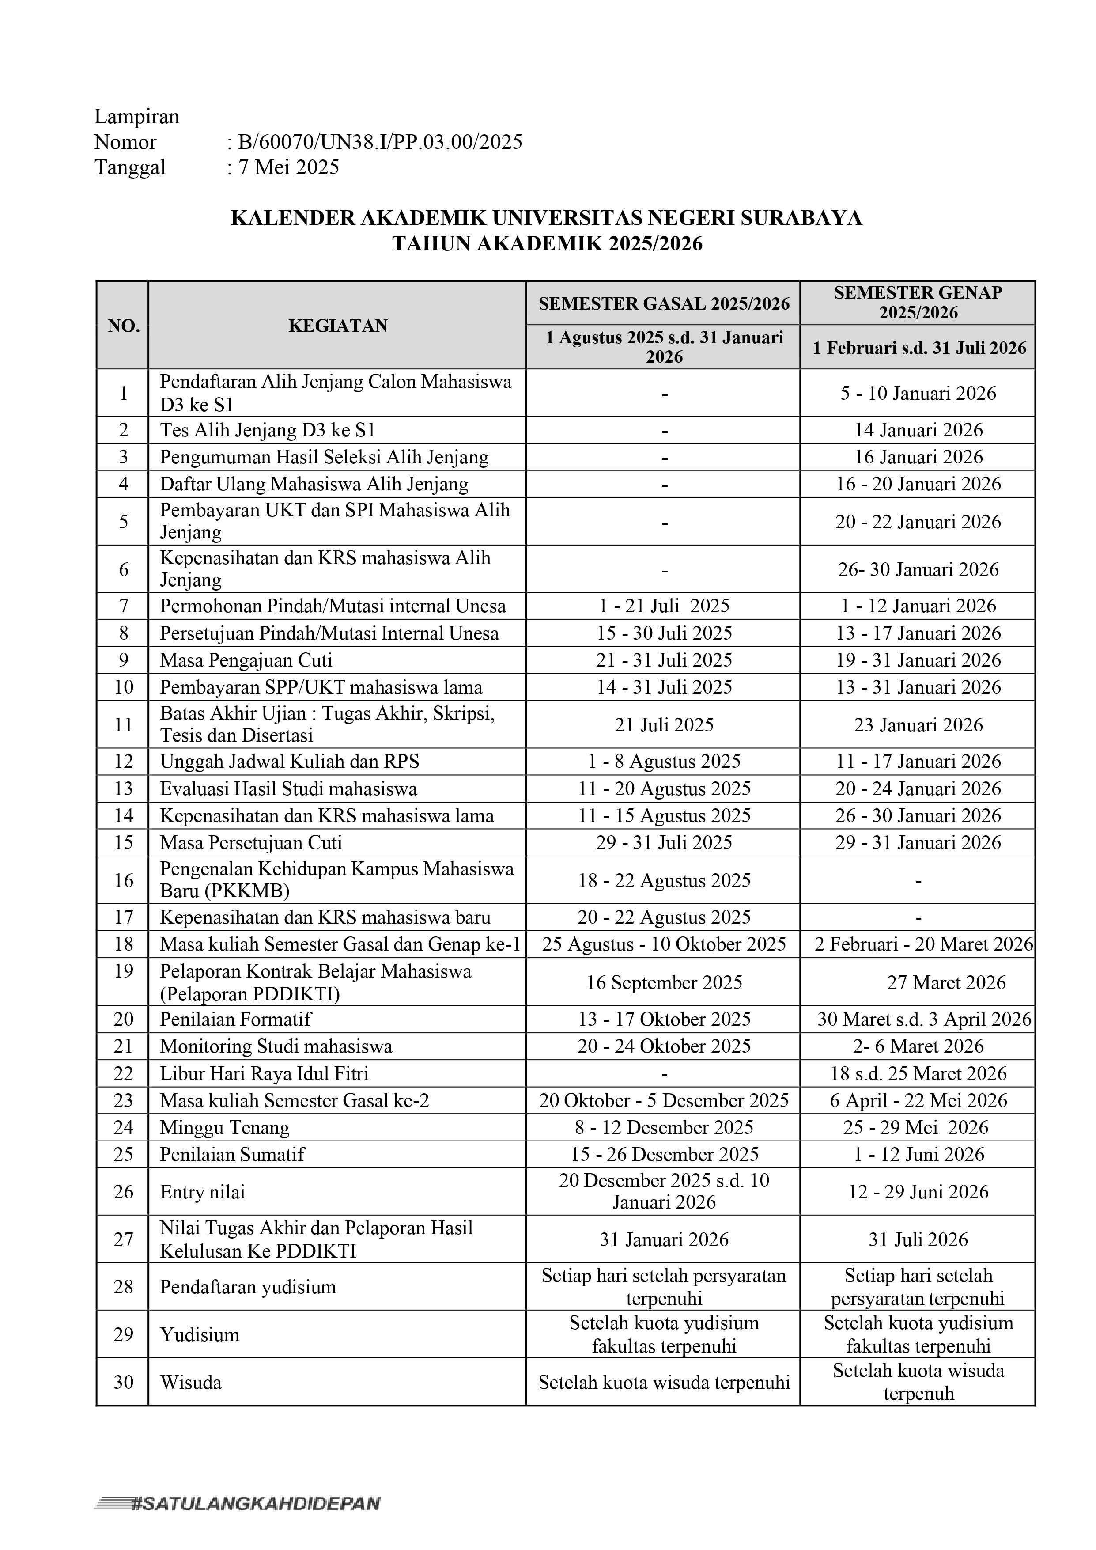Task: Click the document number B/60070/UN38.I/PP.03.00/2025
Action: coord(380,142)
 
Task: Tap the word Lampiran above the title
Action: coord(137,117)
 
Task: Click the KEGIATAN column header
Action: coord(338,326)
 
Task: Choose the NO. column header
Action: coord(124,326)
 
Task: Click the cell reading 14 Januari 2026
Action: coord(918,430)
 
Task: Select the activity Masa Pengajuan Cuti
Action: coord(246,660)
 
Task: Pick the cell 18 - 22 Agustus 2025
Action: coord(664,880)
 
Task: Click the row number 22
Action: coord(124,1073)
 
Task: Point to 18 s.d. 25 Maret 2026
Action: coord(918,1073)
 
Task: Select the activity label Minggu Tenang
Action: coord(225,1127)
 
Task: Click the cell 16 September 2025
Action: coord(664,982)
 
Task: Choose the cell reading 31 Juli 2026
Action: coord(918,1239)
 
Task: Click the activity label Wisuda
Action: coord(191,1383)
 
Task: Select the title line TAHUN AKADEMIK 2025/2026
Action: coord(547,244)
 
